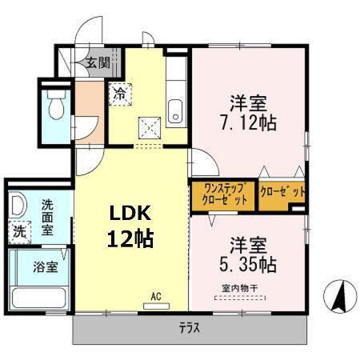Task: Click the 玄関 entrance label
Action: [x=98, y=62]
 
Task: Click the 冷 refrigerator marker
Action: [x=119, y=94]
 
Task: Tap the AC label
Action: [x=156, y=297]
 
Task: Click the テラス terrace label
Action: [x=190, y=326]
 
